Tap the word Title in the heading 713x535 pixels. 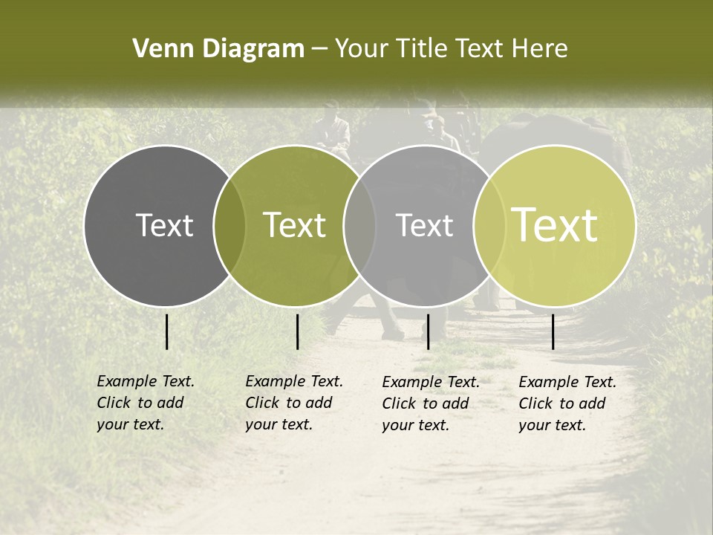point(422,48)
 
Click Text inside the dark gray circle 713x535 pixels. point(164,225)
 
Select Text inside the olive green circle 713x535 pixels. point(294,225)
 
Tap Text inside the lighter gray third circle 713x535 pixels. point(424,225)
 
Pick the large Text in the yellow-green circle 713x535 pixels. point(554,225)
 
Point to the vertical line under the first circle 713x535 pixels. point(167,331)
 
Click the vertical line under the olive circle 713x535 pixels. point(297,331)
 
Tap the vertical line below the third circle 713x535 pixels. point(428,331)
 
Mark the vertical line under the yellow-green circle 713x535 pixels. point(553,331)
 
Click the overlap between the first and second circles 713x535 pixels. point(229,225)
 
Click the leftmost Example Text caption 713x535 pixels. point(145,403)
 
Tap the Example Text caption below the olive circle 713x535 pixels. point(293,403)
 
